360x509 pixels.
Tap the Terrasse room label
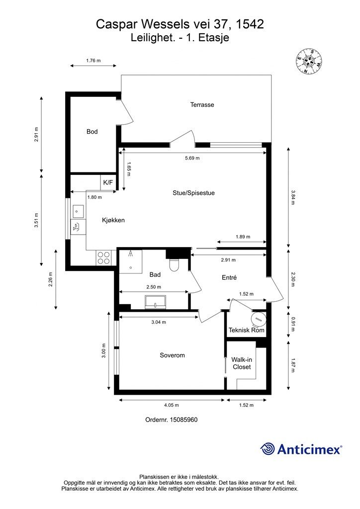tap(202, 105)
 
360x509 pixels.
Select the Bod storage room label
tap(92, 131)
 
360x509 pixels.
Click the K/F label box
tap(108, 182)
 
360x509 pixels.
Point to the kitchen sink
tap(78, 212)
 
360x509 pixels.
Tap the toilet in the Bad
tap(174, 264)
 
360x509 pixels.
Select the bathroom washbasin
tap(156, 302)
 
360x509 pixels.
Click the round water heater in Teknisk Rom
tap(259, 320)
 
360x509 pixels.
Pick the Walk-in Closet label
tap(242, 363)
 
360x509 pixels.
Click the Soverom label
tap(172, 355)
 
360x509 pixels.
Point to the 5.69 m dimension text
tap(192, 158)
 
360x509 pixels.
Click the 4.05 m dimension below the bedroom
tap(171, 405)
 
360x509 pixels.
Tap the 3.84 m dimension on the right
tap(293, 197)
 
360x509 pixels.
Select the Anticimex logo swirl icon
tap(267, 449)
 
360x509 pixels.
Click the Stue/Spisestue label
tap(193, 193)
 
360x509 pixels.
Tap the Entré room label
tap(229, 277)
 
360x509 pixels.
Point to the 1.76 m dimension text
tap(93, 60)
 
